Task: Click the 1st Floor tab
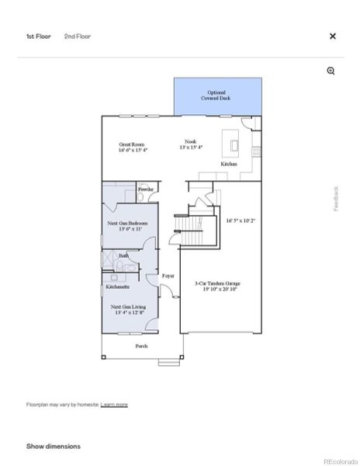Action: tap(38, 37)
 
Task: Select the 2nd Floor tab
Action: tap(77, 37)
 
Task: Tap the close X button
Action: tap(333, 37)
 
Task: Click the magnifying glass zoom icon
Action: tap(331, 71)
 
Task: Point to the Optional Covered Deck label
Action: tap(216, 95)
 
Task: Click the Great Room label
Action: tap(133, 147)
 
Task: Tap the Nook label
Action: tap(189, 144)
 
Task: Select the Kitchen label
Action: tap(228, 165)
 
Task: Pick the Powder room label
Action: tap(146, 190)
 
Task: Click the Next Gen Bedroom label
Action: tap(129, 225)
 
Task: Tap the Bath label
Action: tap(123, 256)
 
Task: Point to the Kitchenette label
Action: tap(117, 287)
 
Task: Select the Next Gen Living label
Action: tap(128, 309)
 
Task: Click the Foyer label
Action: tap(168, 276)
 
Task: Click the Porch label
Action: tap(141, 346)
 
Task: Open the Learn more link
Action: tap(114, 405)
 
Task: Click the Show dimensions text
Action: tap(54, 447)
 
